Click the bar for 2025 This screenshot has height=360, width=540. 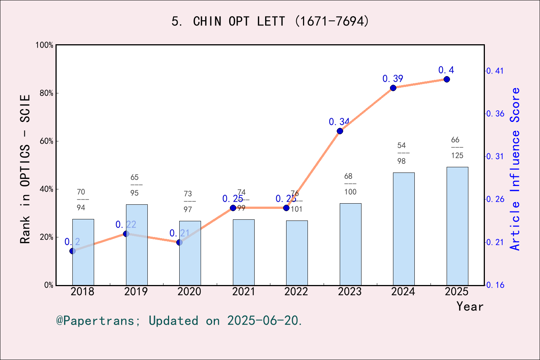(457, 226)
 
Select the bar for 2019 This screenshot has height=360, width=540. (136, 245)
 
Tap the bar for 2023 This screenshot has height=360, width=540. (350, 244)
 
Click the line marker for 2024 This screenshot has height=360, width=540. (393, 88)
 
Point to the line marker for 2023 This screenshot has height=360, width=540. (340, 131)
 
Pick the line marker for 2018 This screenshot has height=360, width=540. (72, 251)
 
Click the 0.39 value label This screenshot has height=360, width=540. (393, 79)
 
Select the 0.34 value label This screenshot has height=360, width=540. (339, 122)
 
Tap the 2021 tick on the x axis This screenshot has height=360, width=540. (243, 292)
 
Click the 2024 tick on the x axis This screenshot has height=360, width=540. (403, 292)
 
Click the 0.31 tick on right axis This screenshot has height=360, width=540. (495, 156)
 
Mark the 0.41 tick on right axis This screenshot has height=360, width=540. (495, 71)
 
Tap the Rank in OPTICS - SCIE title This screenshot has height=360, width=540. (25, 169)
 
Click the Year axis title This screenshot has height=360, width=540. (469, 306)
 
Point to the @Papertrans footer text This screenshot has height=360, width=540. (179, 321)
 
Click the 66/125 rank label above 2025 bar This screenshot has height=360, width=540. (457, 148)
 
